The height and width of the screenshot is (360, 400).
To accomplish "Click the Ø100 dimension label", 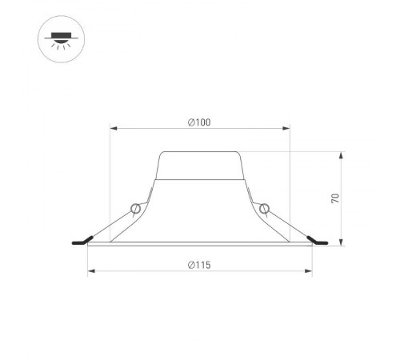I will [x=199, y=122].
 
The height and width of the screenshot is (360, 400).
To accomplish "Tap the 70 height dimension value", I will [x=336, y=198].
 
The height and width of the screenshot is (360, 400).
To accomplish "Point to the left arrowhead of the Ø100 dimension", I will [x=113, y=128].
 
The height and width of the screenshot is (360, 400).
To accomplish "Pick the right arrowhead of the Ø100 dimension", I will [x=286, y=128].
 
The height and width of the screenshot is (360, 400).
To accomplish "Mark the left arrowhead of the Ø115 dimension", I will [x=90, y=271].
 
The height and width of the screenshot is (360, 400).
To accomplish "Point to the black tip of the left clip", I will [x=81, y=242].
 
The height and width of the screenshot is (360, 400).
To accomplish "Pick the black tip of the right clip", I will [x=318, y=242].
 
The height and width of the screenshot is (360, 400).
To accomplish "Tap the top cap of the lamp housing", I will [x=199, y=152].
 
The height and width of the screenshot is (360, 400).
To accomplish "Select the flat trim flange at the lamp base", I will [x=199, y=245].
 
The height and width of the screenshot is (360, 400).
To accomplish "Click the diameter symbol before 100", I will [x=190, y=122].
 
